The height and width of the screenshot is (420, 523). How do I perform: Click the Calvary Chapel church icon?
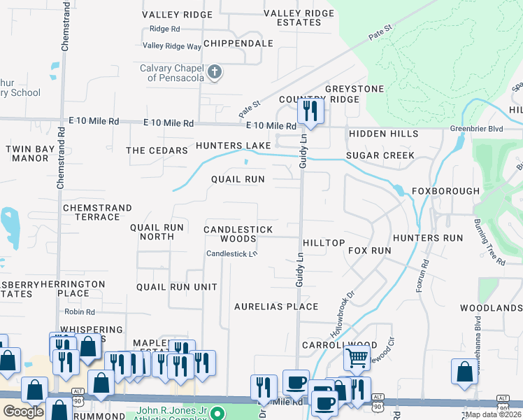(215, 72)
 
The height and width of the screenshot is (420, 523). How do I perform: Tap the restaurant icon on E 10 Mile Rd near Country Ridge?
(310, 111)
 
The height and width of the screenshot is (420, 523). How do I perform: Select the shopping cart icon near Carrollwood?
(357, 358)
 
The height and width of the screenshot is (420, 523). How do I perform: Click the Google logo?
(23, 412)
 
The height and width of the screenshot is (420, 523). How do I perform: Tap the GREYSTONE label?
(354, 89)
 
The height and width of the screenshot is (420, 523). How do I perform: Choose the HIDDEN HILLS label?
(383, 134)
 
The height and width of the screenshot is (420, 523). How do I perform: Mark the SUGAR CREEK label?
(380, 155)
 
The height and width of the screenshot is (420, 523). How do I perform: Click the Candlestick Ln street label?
(231, 253)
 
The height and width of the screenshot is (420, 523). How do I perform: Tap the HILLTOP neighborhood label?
(324, 243)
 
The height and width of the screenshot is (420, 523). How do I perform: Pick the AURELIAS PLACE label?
(276, 307)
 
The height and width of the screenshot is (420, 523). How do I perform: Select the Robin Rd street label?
(79, 311)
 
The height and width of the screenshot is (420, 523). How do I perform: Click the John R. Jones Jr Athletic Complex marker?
(217, 412)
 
